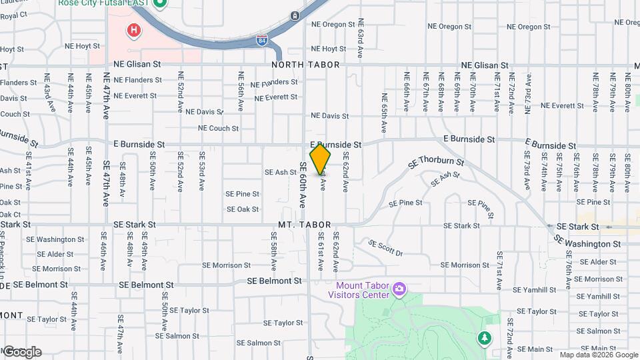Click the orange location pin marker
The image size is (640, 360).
(x=321, y=159)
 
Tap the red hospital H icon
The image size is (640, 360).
(x=134, y=30)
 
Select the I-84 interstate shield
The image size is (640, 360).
(x=263, y=41)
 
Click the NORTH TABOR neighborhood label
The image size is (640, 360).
(x=305, y=65)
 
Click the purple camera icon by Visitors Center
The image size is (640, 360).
(x=399, y=288)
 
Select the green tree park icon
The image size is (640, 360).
(x=485, y=339)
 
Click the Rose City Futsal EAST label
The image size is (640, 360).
(x=103, y=3)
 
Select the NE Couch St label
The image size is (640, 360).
(x=219, y=128)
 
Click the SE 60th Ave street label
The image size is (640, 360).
(x=302, y=185)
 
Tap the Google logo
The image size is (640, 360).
(x=21, y=351)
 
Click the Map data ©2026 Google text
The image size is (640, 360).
(x=597, y=355)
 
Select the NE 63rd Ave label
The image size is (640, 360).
(x=360, y=38)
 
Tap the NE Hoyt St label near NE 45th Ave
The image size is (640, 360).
(x=82, y=47)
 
